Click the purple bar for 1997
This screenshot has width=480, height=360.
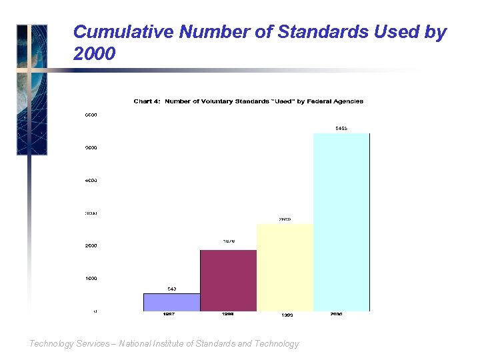171,302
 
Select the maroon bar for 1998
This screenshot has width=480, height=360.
228,281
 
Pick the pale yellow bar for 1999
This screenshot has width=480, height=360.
285,267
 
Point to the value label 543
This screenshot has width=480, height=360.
171,289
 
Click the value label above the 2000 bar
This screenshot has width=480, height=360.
341,128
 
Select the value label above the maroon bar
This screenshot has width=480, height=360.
228,241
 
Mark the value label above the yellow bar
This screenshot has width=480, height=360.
285,219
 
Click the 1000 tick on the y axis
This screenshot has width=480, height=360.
91,278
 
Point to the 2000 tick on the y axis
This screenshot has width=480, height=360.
91,245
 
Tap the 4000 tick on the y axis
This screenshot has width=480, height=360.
91,180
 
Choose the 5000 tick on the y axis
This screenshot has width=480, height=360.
91,147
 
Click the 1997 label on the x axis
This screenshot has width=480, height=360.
170,315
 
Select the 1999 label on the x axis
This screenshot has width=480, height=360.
287,315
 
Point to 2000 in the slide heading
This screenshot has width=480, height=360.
95,54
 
